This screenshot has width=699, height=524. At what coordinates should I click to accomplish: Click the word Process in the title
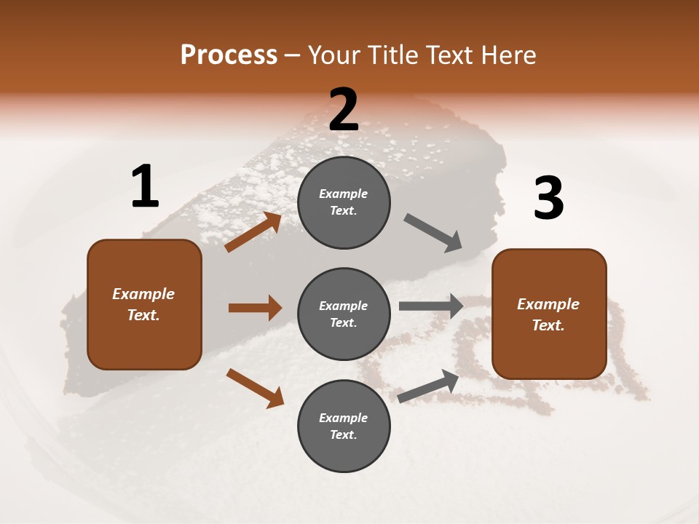click(x=229, y=55)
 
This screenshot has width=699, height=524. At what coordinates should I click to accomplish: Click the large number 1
click(x=145, y=187)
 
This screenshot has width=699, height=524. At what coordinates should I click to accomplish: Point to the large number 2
click(x=344, y=110)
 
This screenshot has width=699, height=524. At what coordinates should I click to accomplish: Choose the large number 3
click(x=549, y=199)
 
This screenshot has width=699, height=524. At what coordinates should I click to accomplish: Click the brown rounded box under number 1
click(x=144, y=304)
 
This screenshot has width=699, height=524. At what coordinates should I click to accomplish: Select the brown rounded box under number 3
click(x=549, y=314)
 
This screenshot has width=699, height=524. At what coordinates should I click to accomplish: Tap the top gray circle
click(x=344, y=202)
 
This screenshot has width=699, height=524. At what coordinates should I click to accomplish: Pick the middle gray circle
click(x=344, y=314)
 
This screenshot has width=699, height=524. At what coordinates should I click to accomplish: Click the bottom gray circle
click(x=344, y=426)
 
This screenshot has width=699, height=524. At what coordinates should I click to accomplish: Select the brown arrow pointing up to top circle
click(x=253, y=232)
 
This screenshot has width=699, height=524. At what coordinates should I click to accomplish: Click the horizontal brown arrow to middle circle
click(x=255, y=308)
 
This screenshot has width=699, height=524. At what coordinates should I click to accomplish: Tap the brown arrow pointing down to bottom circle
click(x=255, y=387)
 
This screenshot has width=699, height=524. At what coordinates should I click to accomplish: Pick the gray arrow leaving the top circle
click(x=433, y=233)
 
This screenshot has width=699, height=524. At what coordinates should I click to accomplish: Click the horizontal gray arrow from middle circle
click(x=431, y=306)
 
